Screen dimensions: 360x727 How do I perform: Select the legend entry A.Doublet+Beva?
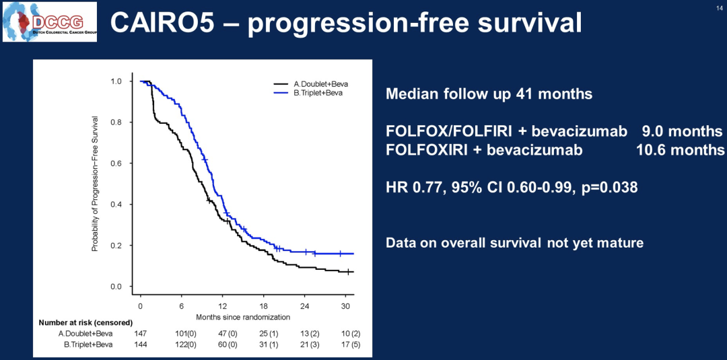tap(320, 84)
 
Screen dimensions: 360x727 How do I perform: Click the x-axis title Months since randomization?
tap(243, 316)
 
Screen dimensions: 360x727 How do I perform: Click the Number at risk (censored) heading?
tap(85, 322)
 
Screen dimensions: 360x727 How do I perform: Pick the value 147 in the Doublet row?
tap(140, 333)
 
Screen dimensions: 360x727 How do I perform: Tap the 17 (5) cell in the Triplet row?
tap(347, 345)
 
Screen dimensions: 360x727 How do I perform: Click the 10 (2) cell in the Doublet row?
tap(347, 333)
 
